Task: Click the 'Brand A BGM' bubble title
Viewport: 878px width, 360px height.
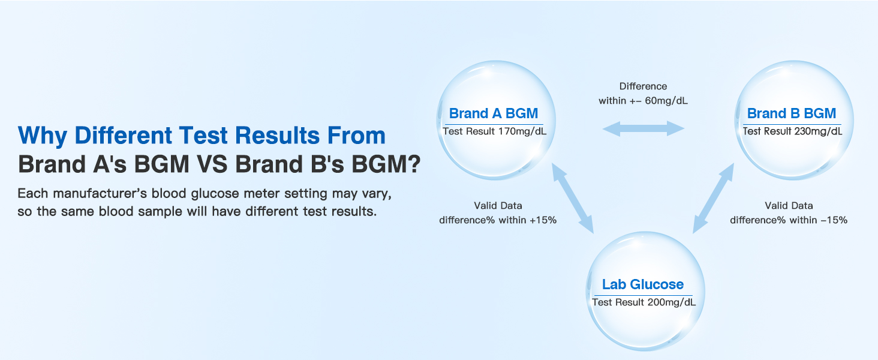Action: pyautogui.click(x=493, y=113)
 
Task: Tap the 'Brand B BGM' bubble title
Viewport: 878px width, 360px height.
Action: pyautogui.click(x=791, y=113)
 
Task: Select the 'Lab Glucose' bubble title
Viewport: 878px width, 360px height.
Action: pyautogui.click(x=642, y=284)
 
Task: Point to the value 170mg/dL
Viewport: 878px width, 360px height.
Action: pyautogui.click(x=519, y=131)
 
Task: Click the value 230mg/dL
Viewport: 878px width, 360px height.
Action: pyautogui.click(x=817, y=131)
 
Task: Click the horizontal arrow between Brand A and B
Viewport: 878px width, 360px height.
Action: pyautogui.click(x=643, y=128)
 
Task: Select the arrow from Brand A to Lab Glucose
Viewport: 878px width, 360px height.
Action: pyautogui.click(x=572, y=200)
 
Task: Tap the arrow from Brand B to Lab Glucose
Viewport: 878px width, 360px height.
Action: pyautogui.click(x=713, y=200)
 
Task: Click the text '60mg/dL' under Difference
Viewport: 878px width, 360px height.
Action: pyautogui.click(x=665, y=101)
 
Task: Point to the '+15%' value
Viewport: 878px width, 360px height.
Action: pyautogui.click(x=543, y=220)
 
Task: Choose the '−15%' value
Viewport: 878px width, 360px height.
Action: pyautogui.click(x=834, y=220)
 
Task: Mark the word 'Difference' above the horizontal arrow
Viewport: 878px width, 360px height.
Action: pyautogui.click(x=643, y=86)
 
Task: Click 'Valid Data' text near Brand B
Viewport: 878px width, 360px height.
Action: pyautogui.click(x=789, y=206)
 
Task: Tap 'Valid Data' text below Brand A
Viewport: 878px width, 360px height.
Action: pyautogui.click(x=498, y=206)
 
